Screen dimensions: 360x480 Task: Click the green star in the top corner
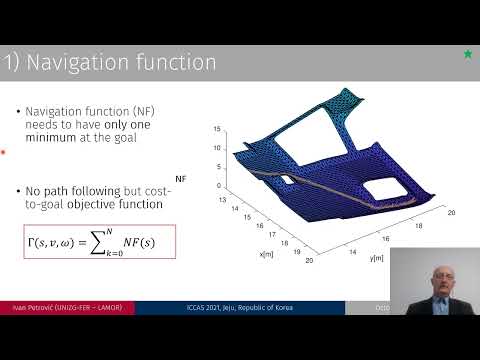click(467, 53)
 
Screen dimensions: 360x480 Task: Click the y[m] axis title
click(376, 258)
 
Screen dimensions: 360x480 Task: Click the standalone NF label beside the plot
click(181, 176)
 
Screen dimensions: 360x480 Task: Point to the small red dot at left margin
click(3, 153)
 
